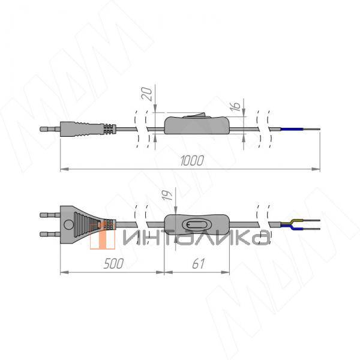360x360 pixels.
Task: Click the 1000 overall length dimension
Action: click(x=192, y=160)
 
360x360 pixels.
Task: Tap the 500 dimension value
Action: click(x=113, y=263)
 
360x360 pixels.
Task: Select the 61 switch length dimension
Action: click(x=198, y=263)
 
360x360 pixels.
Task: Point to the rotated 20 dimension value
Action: click(x=146, y=94)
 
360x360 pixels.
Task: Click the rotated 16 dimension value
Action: click(x=235, y=106)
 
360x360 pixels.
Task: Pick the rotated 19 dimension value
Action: click(x=167, y=195)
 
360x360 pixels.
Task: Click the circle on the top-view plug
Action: click(x=68, y=224)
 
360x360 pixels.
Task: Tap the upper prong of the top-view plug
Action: click(x=50, y=215)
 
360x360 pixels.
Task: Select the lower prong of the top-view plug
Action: click(x=50, y=234)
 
